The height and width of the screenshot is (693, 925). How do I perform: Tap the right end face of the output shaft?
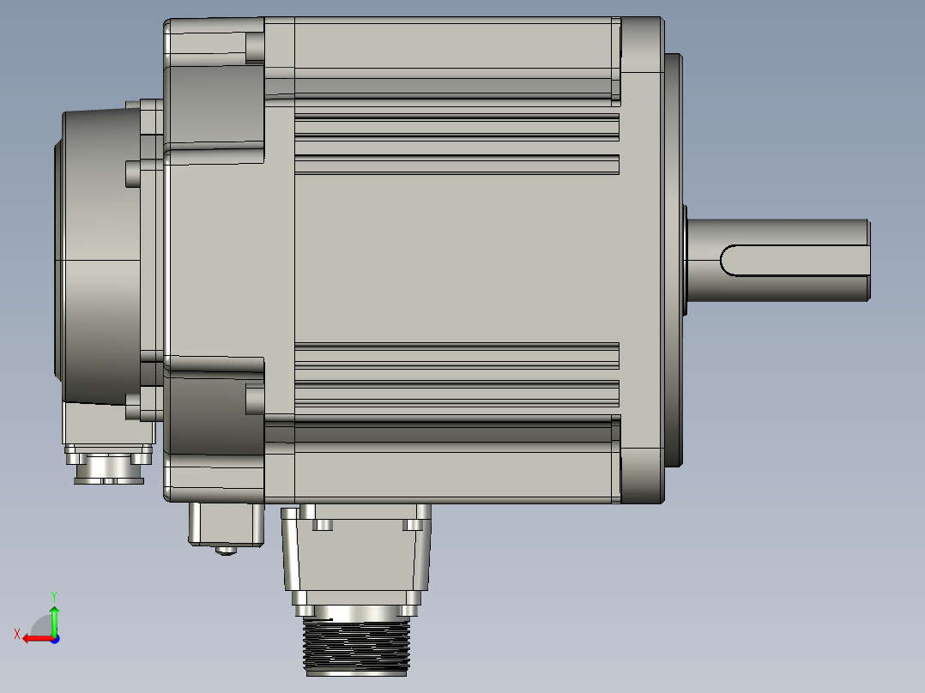pos(868,260)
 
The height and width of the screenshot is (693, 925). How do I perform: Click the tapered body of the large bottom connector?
pos(357,557)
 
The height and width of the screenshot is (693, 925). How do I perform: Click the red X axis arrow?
pos(34,638)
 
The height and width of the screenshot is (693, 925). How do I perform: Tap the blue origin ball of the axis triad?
pos(54,638)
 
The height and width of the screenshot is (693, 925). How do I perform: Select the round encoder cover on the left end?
pos(94,257)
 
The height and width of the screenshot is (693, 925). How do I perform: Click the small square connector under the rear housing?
pos(225,523)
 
